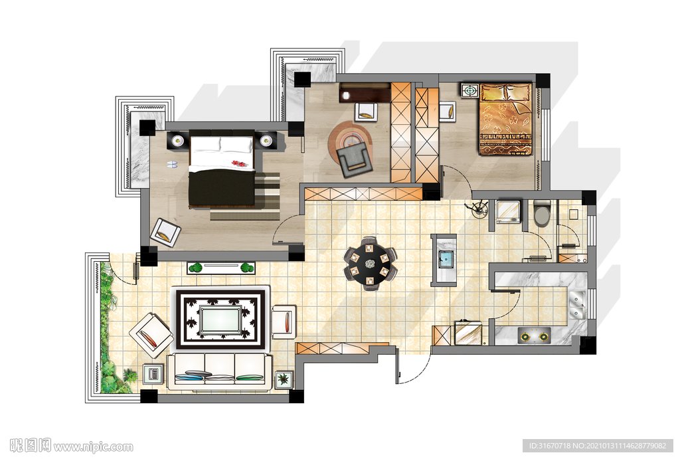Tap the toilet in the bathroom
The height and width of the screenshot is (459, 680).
[x=542, y=213]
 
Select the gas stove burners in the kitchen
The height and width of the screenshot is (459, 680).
[x=534, y=336]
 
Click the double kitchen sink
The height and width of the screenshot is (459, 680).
[x=577, y=304]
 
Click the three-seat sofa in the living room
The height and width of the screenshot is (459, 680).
[x=220, y=371]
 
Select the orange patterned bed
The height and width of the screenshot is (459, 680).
[x=505, y=119]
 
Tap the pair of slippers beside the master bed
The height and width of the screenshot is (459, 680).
[x=172, y=165]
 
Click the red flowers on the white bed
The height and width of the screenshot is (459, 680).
[x=238, y=163]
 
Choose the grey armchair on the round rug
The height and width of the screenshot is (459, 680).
[x=355, y=160]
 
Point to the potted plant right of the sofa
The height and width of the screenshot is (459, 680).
[x=284, y=379]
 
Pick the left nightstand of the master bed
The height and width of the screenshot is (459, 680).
[x=178, y=141]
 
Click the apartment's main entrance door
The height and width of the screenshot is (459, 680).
[x=412, y=365]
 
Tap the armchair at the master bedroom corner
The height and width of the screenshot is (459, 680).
[x=165, y=233]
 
